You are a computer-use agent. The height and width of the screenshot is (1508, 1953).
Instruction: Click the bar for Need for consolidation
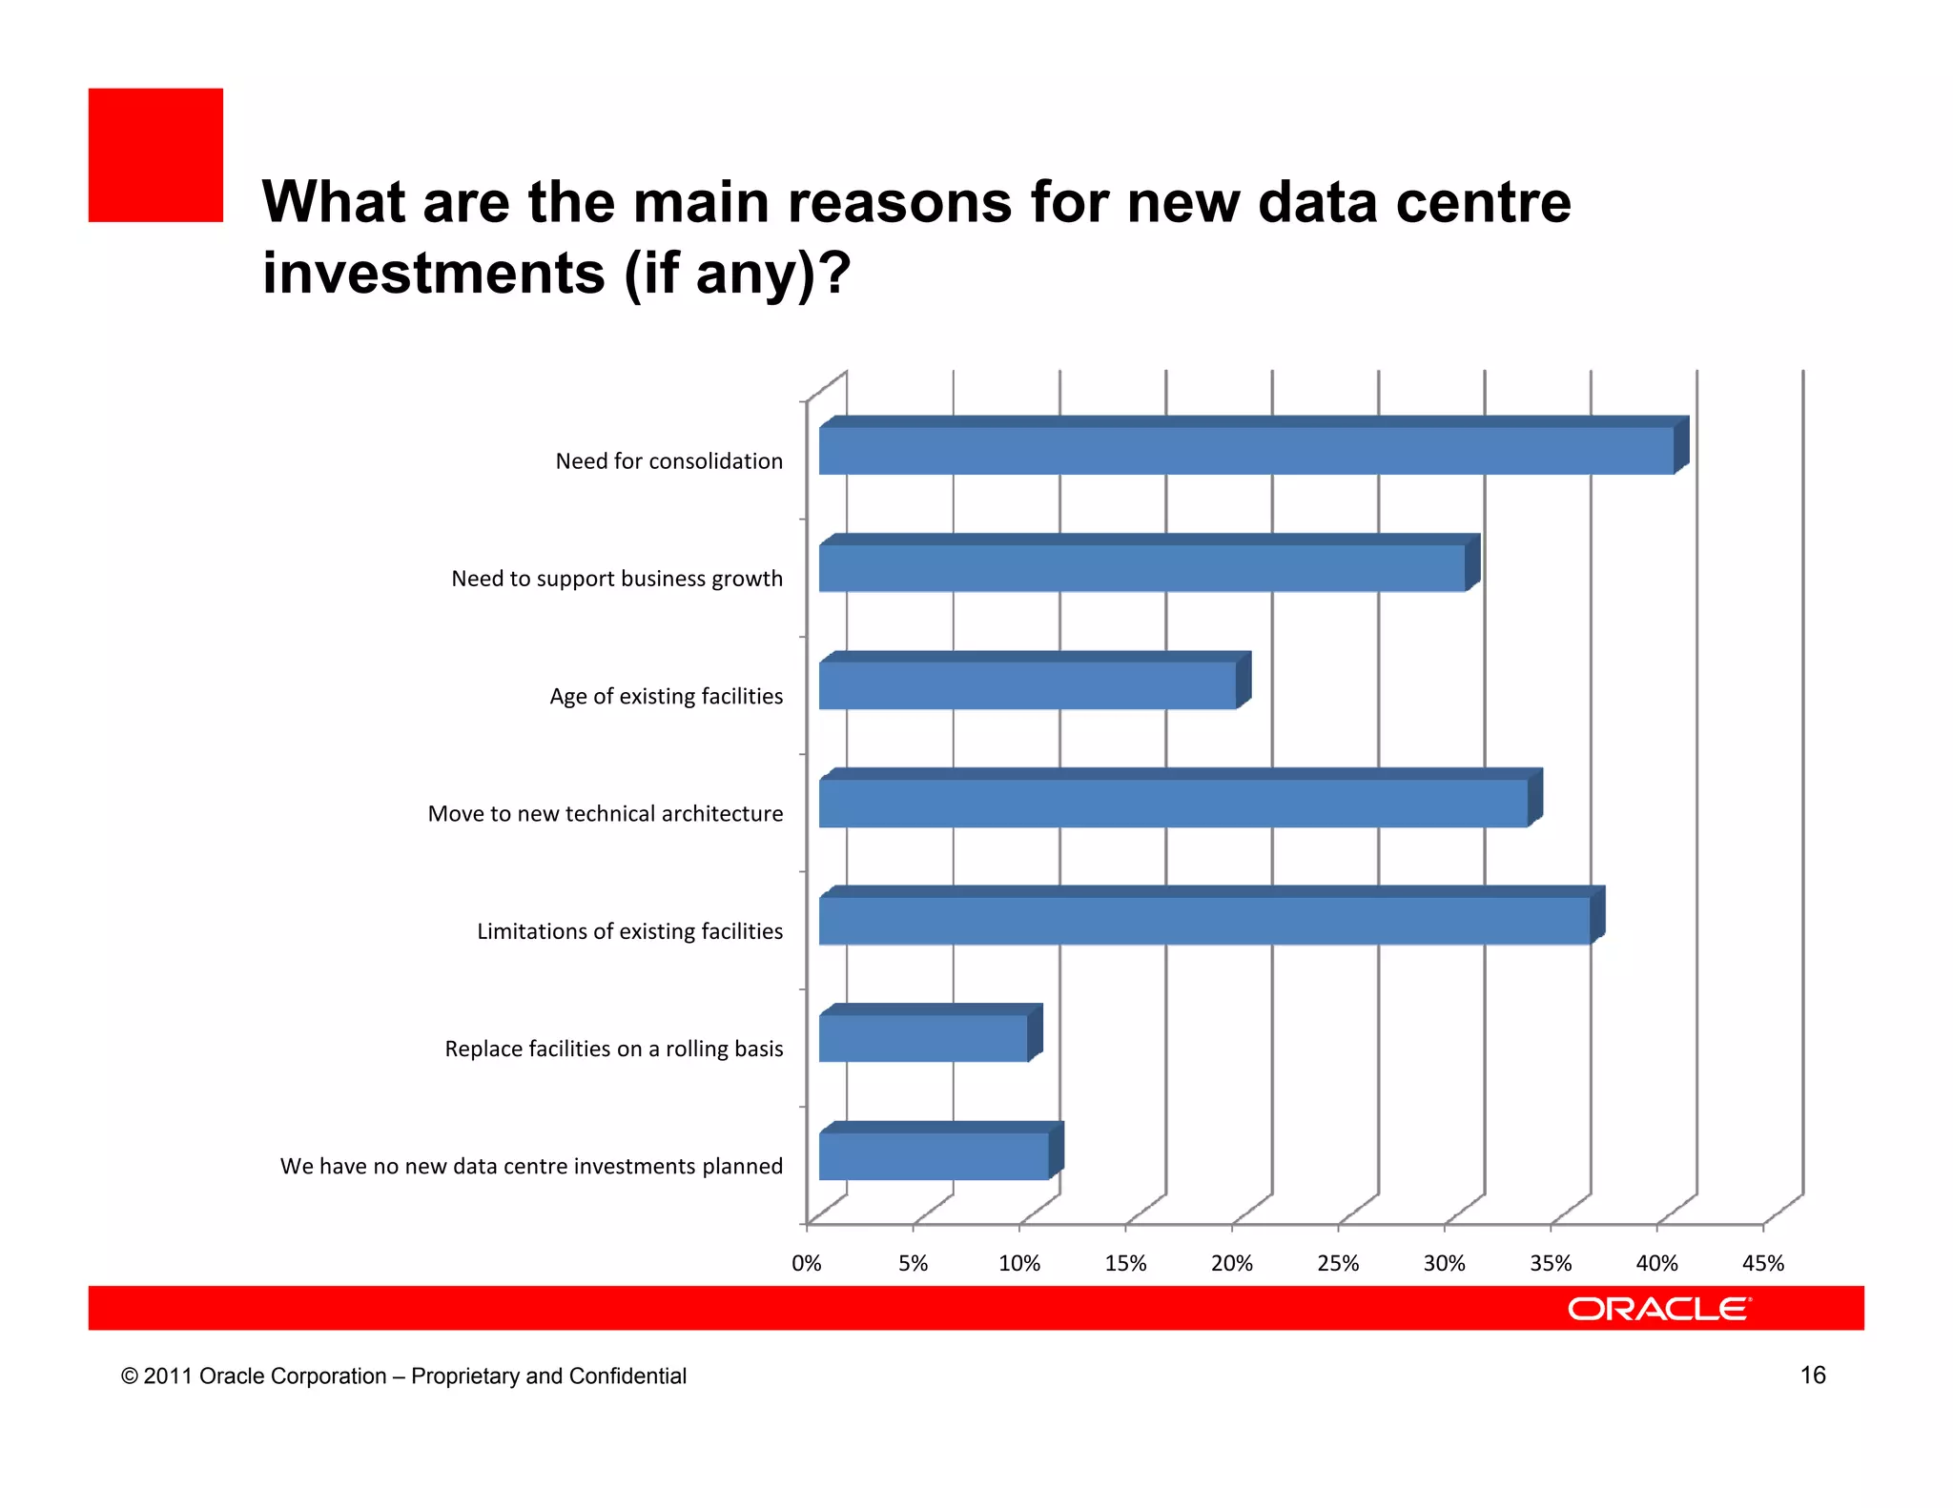[x=1245, y=450]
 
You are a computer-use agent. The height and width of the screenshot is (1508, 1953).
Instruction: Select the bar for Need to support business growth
[x=1141, y=568]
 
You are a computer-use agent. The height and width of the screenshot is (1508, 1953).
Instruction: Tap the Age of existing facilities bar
[x=1027, y=685]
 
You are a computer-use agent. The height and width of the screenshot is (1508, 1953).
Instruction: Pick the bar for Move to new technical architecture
[x=1173, y=803]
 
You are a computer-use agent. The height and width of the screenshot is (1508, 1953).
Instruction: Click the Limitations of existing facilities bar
[x=1204, y=920]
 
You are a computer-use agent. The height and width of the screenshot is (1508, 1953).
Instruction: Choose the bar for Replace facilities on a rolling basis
[x=923, y=1038]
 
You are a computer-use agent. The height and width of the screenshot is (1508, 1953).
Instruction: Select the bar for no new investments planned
[x=934, y=1155]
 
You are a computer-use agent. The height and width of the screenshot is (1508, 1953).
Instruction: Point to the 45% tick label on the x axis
[x=1762, y=1263]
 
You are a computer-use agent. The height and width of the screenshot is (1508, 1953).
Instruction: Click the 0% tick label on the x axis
[x=807, y=1263]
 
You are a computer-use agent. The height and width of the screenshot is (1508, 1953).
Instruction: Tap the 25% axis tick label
[x=1338, y=1263]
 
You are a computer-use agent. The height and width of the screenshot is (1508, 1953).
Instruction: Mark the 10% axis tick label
[x=1018, y=1263]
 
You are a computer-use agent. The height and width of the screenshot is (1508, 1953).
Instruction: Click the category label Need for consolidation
[x=668, y=461]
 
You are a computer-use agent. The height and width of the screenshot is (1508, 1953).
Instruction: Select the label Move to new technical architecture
[x=605, y=814]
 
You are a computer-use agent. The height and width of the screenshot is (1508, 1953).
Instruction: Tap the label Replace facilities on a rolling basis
[x=613, y=1049]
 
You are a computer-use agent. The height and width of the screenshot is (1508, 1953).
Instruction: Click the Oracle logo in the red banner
[x=1658, y=1309]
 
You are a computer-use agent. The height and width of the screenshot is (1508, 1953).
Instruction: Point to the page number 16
[x=1812, y=1375]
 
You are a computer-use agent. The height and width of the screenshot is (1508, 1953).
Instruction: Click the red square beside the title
[x=155, y=155]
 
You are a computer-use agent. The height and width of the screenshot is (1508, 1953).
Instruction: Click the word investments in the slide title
[x=434, y=274]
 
